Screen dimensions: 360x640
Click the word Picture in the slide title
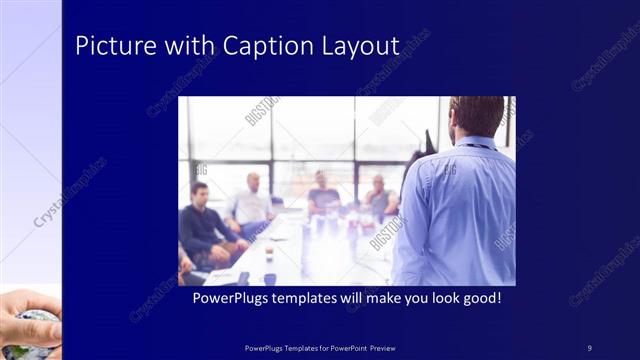coord(109,46)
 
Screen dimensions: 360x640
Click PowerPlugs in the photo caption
coord(229,298)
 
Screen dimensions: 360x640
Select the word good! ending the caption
coord(481,298)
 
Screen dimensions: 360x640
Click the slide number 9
coord(589,347)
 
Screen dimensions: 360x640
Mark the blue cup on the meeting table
coord(270,278)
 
